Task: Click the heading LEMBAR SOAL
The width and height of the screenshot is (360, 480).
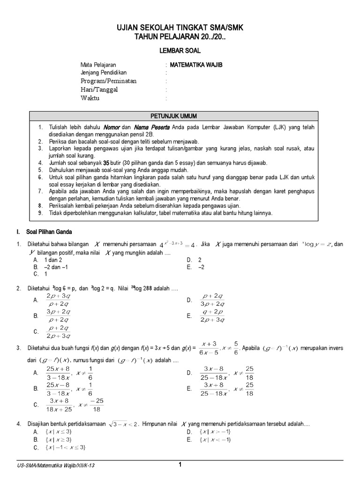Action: coord(180,49)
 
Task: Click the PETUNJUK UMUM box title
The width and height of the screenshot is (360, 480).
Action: coord(180,115)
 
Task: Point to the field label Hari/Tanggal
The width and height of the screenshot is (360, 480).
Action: coord(99,90)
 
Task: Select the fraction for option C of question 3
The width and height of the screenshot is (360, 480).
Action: coord(64,405)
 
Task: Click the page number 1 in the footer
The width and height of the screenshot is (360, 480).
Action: coord(180,465)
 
